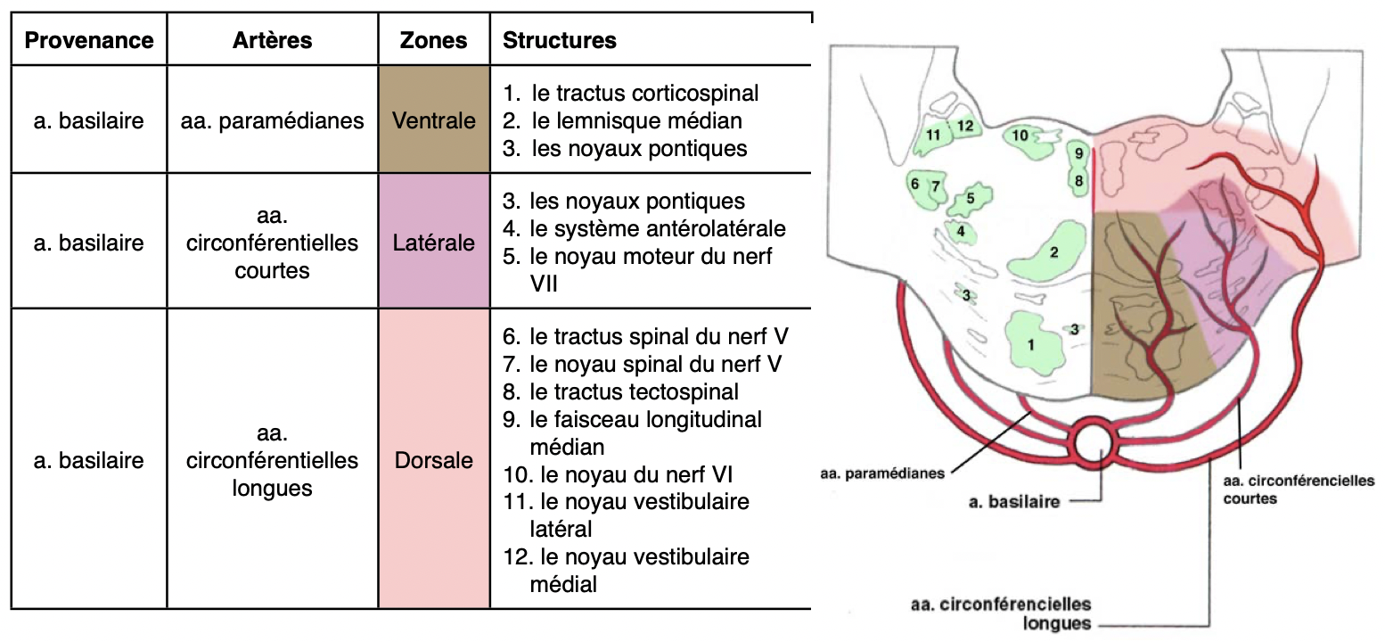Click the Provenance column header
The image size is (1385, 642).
coord(88,40)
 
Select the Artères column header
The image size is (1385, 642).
coord(272,40)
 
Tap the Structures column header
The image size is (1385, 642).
coord(560,40)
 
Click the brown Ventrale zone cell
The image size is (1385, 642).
coord(434,119)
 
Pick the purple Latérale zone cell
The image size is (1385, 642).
coord(434,242)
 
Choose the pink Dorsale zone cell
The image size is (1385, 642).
coord(434,461)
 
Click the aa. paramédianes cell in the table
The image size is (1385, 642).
coord(272,119)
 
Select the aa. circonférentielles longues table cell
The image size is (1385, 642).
coord(272,461)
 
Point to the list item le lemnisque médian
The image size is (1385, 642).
coord(635,119)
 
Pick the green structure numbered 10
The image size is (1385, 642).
coord(1021,136)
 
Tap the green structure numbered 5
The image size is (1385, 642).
coord(970,199)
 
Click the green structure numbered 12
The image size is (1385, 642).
coord(965,127)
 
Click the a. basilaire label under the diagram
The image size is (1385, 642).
coord(1014,501)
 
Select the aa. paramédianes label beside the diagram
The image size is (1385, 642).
coord(881,473)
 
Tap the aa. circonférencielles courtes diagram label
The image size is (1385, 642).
coord(1297,489)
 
